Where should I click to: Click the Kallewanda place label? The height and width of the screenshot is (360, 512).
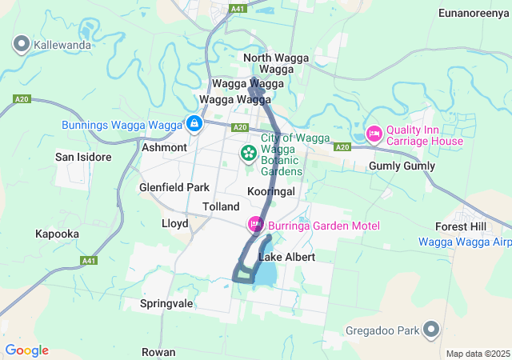coord(62,45)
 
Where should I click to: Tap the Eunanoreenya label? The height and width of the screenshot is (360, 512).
coord(474,13)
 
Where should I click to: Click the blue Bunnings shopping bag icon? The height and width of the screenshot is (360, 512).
coord(194,124)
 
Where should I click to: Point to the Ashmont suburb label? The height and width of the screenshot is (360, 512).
coord(164,148)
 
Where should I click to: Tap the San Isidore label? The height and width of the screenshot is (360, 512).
coord(83,157)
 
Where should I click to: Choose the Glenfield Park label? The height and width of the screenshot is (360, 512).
coord(174,187)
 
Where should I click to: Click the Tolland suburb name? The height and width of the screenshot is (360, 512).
coord(221,206)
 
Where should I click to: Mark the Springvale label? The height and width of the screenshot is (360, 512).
coord(166,304)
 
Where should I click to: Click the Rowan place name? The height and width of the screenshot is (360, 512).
coord(158,352)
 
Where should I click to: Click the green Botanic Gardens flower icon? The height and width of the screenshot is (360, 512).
coord(249,152)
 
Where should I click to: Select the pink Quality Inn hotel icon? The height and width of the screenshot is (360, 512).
coord(374,132)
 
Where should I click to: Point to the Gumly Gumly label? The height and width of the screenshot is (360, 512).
coord(402,166)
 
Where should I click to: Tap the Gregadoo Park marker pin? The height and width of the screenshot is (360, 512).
coord(431,330)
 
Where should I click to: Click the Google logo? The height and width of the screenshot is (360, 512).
coord(26,350)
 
